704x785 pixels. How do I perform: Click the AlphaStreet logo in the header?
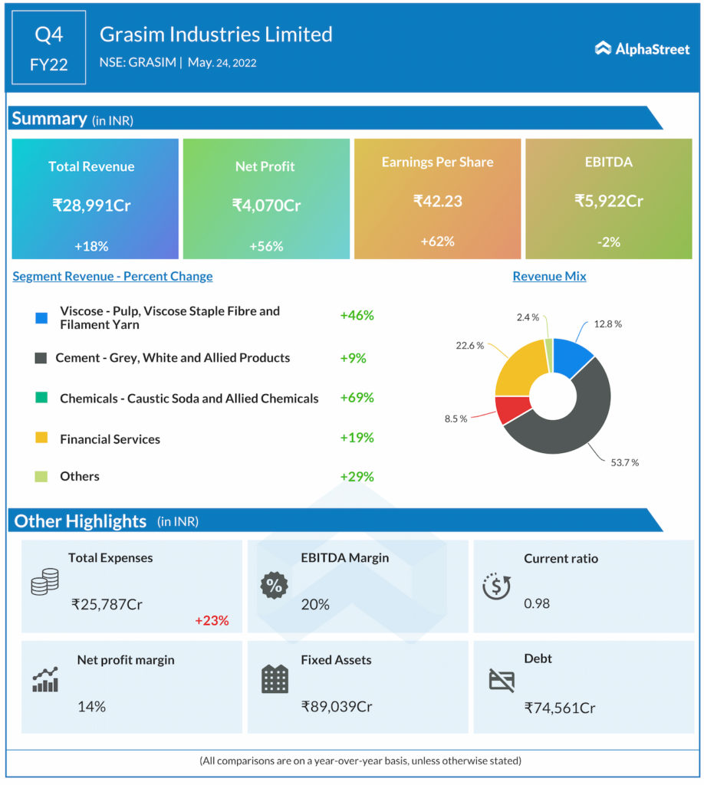[642, 49]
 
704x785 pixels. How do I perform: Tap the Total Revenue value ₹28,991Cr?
[91, 205]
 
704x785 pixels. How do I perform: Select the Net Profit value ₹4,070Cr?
[266, 205]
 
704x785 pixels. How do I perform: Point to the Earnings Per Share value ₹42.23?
[437, 201]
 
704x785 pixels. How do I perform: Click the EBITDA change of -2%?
[608, 242]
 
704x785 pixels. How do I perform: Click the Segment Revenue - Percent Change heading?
[113, 276]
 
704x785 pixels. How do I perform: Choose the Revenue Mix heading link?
[549, 276]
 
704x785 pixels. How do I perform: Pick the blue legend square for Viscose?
[41, 317]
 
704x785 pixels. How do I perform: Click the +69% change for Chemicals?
[357, 397]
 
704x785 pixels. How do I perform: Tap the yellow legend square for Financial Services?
[41, 438]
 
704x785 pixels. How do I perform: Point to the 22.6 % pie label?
[469, 346]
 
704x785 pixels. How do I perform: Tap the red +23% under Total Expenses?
[212, 620]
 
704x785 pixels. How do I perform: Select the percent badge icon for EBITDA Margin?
[273, 586]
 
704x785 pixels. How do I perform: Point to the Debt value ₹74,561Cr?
[560, 708]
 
